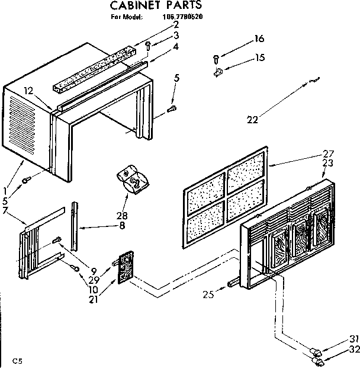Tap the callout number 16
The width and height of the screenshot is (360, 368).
pyautogui.click(x=259, y=39)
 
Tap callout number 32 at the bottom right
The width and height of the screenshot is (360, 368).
pyautogui.click(x=354, y=350)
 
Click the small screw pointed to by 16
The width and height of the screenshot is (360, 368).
pyautogui.click(x=217, y=58)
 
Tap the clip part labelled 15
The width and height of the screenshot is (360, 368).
pyautogui.click(x=218, y=73)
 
